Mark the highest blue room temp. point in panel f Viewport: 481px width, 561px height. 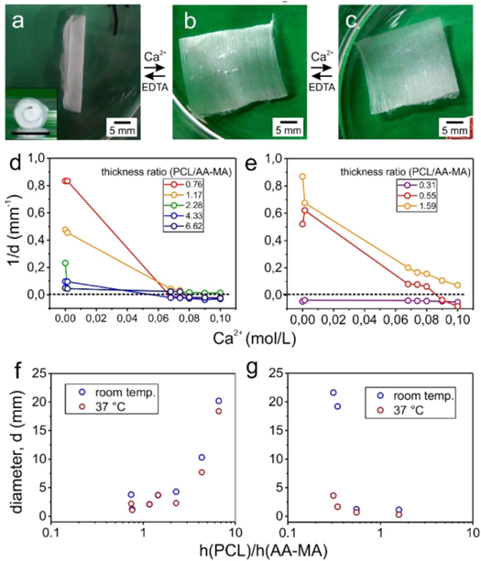pos(219,401)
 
